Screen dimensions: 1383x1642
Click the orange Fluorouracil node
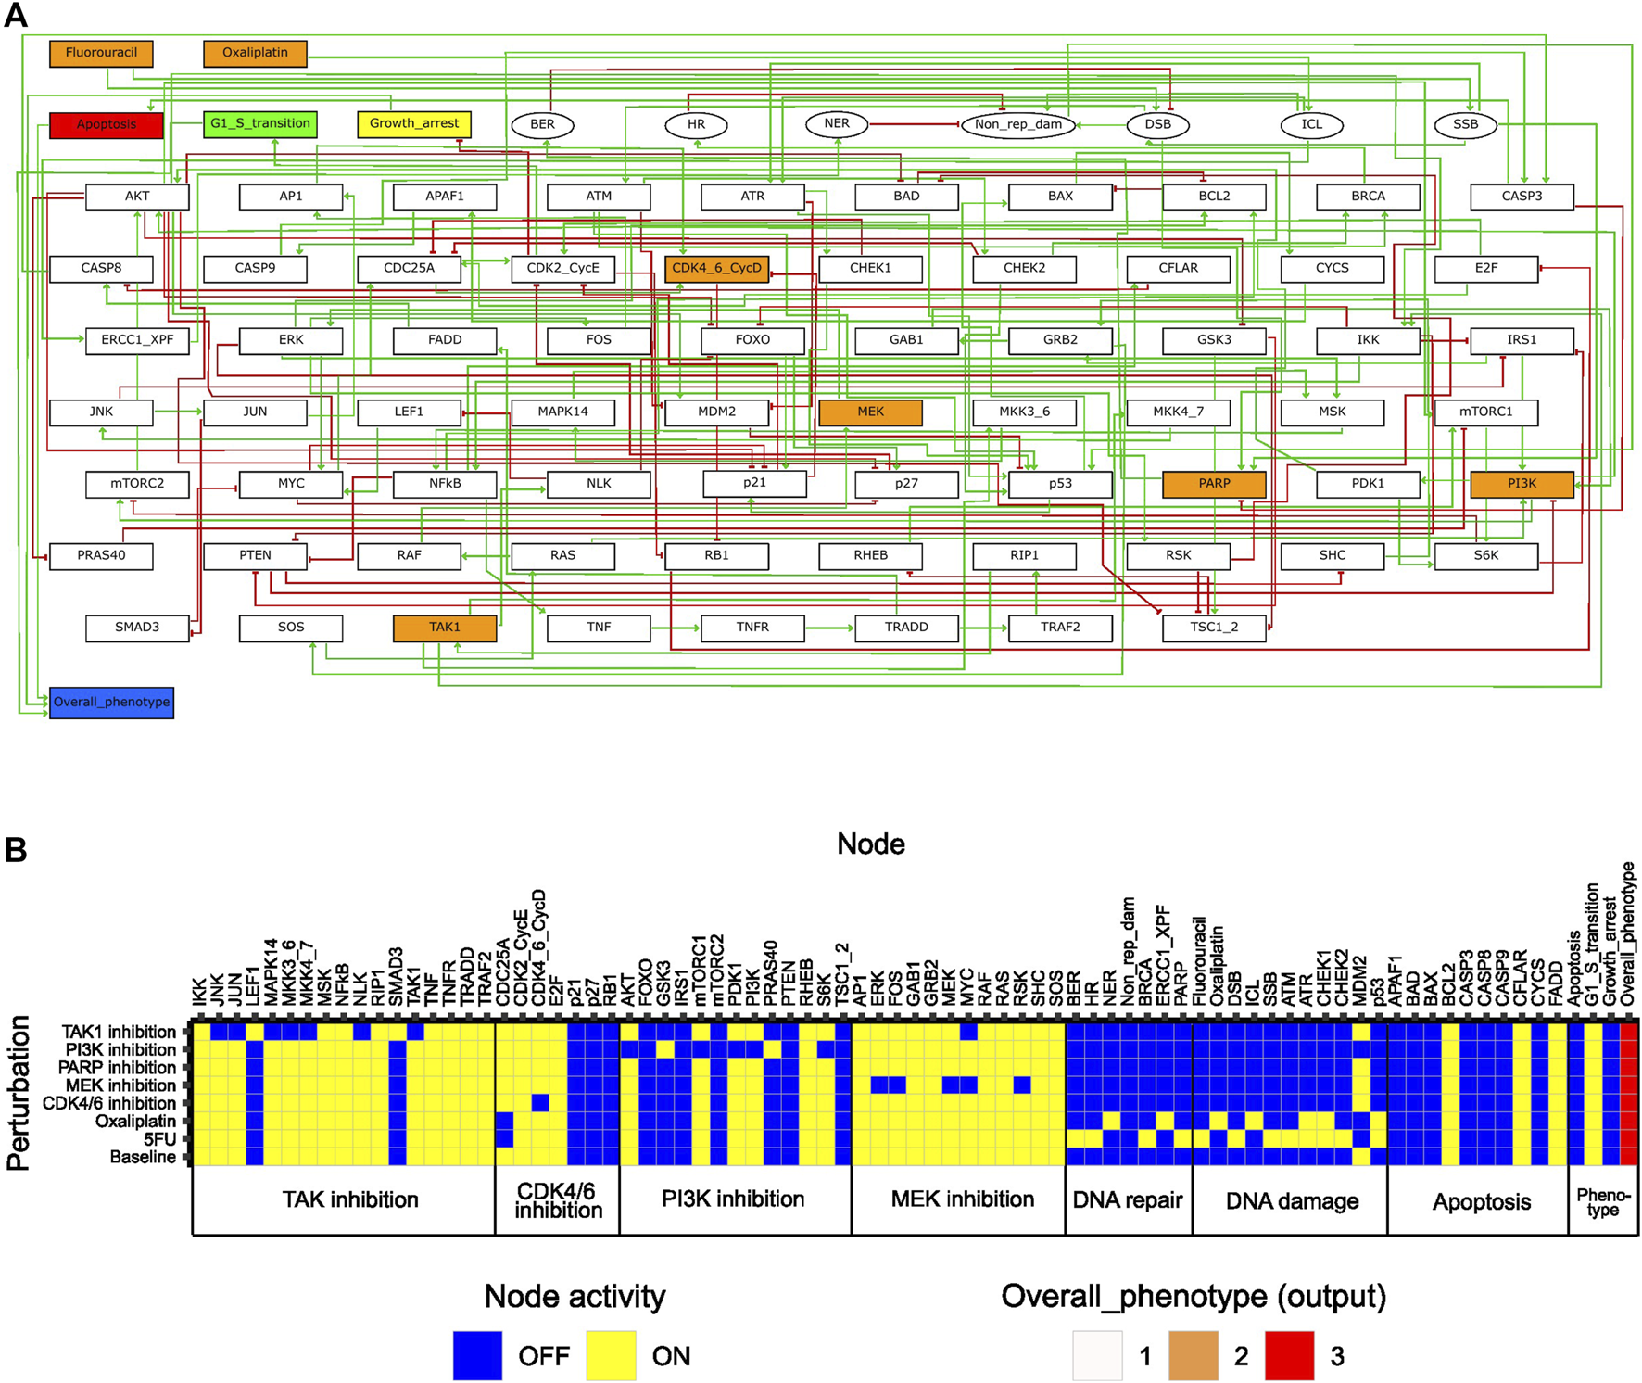[x=101, y=53]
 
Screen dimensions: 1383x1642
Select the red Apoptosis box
[x=107, y=124]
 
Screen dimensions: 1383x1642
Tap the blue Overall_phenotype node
[x=111, y=702]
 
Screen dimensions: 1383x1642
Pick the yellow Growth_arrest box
[x=414, y=123]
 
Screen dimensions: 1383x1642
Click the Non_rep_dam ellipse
[x=1017, y=124]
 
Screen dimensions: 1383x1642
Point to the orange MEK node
[x=870, y=412]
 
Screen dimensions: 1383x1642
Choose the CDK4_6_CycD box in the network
[x=716, y=269]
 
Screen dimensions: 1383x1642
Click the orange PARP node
[x=1214, y=484]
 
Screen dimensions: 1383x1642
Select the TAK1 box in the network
[x=445, y=628]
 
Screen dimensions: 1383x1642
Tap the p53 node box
[x=1060, y=484]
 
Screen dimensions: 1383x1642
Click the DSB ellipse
[x=1157, y=124]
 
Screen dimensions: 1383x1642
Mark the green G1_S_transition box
[x=260, y=123]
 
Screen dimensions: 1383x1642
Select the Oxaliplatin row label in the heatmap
[x=135, y=1122]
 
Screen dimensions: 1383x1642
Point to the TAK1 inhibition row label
[x=119, y=1032]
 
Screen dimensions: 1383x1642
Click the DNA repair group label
[x=1128, y=1200]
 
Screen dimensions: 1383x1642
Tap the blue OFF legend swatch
[x=477, y=1355]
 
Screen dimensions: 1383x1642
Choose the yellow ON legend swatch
[x=611, y=1355]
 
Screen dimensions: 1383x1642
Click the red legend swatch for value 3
[x=1289, y=1355]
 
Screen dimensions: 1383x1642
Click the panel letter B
[x=16, y=850]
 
